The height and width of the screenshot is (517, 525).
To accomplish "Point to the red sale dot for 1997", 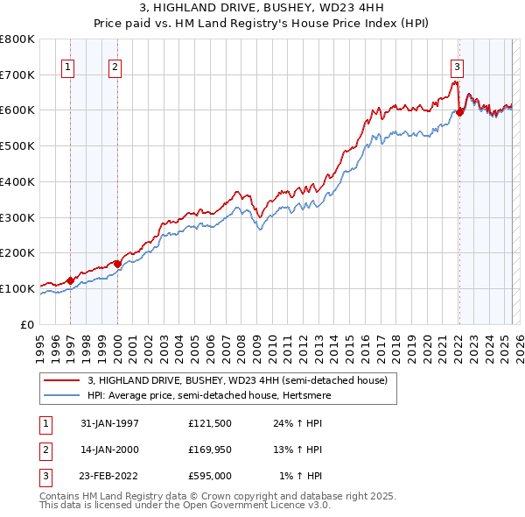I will coord(72,280).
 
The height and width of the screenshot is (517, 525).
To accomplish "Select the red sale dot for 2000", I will coord(117,263).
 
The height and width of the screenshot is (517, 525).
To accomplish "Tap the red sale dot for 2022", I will coord(459,111).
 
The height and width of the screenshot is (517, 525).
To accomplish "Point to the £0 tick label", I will coord(29,324).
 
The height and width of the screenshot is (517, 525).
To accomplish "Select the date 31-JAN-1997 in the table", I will coord(109,423).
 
